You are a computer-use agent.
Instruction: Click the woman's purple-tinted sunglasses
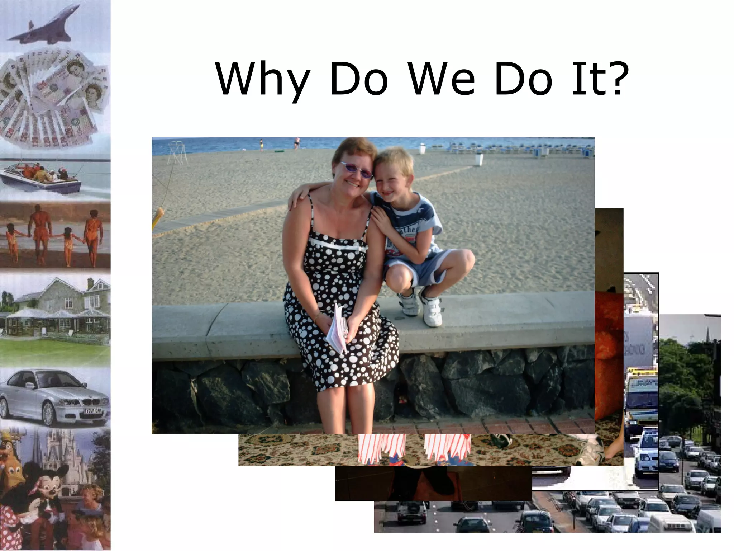(x=357, y=170)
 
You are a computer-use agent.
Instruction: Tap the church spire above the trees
(x=709, y=332)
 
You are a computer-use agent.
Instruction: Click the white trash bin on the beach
(x=478, y=159)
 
